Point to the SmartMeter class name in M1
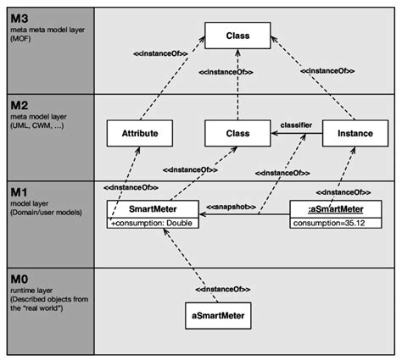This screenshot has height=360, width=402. [154, 209]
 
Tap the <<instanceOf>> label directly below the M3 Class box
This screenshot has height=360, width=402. [224, 74]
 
